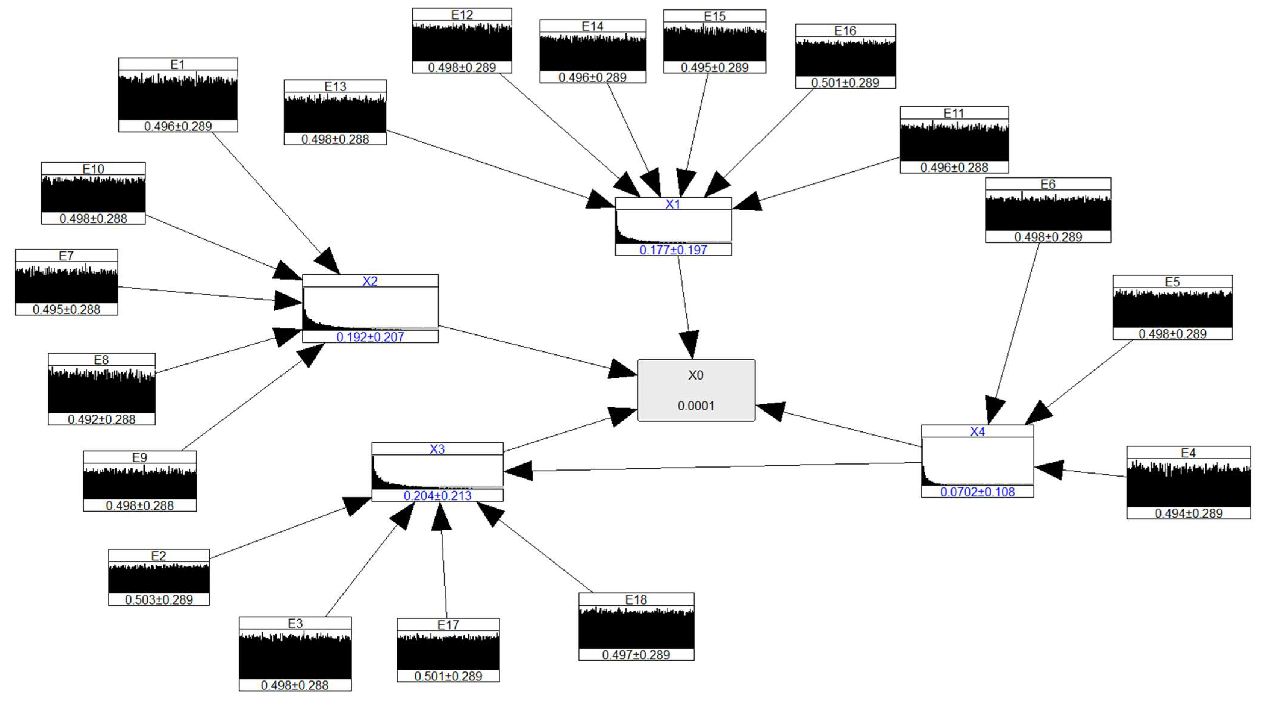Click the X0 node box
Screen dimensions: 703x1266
696,390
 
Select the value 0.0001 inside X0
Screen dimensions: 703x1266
695,406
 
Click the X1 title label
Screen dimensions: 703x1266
673,204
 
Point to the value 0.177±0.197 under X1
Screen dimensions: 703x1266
673,250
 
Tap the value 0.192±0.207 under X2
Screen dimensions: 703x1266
370,337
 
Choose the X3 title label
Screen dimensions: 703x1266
437,449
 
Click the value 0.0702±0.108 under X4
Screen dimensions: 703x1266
977,492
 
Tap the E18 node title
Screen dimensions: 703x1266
636,600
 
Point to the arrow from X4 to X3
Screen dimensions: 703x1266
713,467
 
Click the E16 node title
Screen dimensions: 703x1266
845,30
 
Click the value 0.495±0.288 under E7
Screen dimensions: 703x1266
66,309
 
